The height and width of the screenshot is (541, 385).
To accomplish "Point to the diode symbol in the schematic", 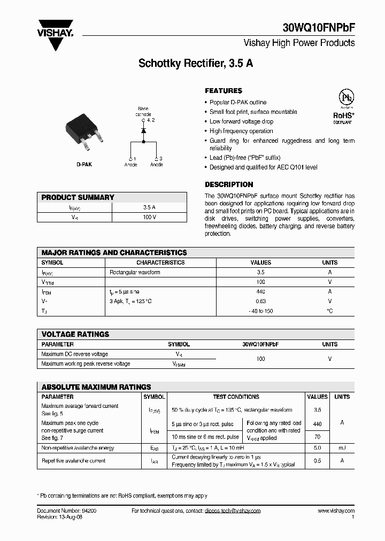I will click(143, 130).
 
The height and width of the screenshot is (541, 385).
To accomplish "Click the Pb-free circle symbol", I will click(348, 98).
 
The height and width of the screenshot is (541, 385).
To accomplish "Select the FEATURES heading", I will click(224, 91).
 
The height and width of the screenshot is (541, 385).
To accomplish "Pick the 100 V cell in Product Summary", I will click(149, 217).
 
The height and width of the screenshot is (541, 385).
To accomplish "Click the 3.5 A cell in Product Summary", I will click(149, 207).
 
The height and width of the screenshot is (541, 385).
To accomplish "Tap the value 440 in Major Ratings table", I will click(260, 292).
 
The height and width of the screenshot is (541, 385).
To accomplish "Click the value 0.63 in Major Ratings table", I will click(260, 302).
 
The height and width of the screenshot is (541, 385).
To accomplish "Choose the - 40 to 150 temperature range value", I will click(260, 311).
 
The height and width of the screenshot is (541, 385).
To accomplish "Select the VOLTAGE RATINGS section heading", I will click(75, 334).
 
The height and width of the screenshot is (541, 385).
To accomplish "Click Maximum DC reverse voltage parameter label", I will click(75, 354).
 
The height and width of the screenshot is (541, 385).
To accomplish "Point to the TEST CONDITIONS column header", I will click(236, 397).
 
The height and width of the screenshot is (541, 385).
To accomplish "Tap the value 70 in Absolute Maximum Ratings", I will click(317, 437).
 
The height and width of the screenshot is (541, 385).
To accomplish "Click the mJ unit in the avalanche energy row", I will click(342, 448).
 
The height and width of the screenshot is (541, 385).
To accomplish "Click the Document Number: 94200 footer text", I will click(67, 511).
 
